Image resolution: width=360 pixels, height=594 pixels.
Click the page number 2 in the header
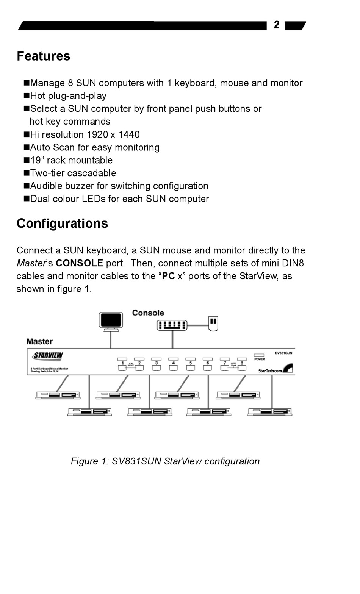click(276, 25)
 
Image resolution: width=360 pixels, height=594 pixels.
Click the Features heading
click(44, 56)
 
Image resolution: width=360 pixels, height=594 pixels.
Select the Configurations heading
click(62, 224)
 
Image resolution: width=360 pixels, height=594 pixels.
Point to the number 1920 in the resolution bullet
click(97, 134)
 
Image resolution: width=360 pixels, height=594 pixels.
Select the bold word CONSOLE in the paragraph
click(79, 263)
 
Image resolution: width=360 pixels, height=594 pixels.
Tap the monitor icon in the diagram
click(111, 321)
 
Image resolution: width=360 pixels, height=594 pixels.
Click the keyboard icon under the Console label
click(172, 325)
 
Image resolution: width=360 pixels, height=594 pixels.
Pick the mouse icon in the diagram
click(213, 323)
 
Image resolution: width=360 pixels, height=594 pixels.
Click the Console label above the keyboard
click(148, 313)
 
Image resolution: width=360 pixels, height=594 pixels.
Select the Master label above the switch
click(39, 341)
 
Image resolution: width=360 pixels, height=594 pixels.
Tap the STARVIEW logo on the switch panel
click(48, 356)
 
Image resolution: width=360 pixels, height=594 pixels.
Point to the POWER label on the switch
click(260, 359)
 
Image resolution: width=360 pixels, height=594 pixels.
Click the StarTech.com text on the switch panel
click(270, 370)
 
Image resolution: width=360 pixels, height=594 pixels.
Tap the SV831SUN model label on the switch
click(283, 353)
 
